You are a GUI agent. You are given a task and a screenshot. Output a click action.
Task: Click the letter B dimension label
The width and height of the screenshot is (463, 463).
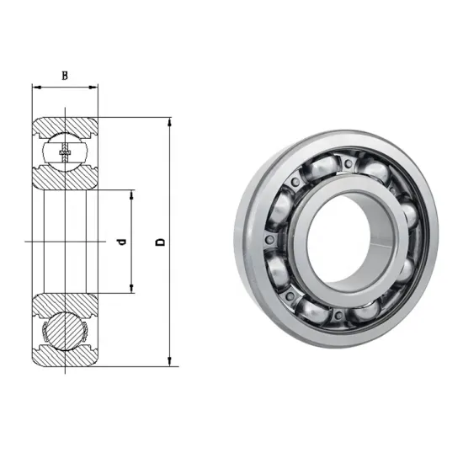click(x=64, y=75)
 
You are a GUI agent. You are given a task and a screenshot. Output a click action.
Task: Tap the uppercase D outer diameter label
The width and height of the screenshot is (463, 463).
click(x=159, y=242)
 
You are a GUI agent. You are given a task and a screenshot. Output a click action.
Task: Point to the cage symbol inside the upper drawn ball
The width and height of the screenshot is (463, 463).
click(x=66, y=154)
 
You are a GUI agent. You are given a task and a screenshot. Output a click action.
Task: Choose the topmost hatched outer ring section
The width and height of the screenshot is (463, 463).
click(x=66, y=124)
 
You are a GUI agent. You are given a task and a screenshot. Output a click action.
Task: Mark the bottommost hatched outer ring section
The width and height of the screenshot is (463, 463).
click(x=66, y=360)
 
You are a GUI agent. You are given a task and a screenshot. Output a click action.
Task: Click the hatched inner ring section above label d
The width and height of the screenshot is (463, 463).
click(x=66, y=180)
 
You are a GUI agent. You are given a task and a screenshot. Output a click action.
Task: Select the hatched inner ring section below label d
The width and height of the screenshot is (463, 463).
click(x=66, y=304)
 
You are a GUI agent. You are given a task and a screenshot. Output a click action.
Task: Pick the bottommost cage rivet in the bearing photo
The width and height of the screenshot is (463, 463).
click(x=337, y=315)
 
